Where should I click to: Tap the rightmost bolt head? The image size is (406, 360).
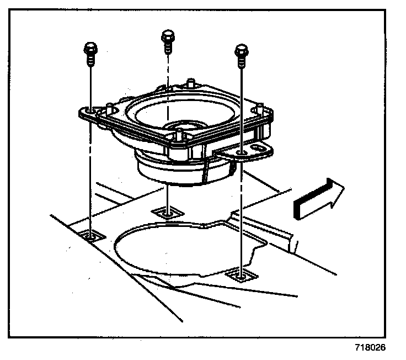tap(240, 51)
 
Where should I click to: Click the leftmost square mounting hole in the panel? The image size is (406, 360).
tap(91, 236)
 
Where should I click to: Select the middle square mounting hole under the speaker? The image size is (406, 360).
tap(166, 211)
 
